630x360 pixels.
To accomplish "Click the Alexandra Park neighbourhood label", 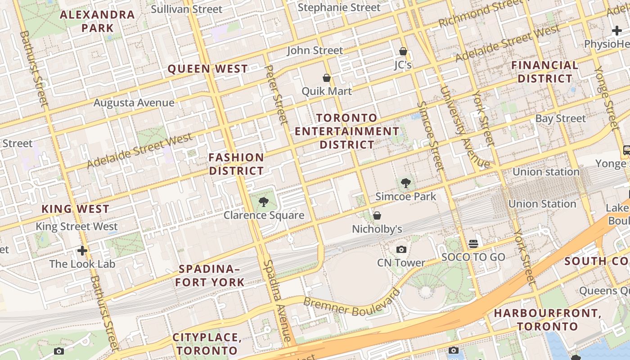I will [97, 21].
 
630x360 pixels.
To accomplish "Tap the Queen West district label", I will [207, 69].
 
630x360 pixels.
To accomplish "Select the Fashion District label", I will [236, 164].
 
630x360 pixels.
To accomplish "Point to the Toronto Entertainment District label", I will [347, 131].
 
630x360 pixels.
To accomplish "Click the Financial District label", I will [544, 72].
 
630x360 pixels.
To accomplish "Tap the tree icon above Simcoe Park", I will [406, 183].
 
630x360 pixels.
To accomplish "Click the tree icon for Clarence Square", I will [264, 202].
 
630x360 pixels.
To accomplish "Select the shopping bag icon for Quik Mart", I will [327, 78].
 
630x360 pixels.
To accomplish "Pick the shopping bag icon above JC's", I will [403, 52].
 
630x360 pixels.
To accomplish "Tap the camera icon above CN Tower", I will [401, 249].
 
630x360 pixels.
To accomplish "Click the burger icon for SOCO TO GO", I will [473, 244].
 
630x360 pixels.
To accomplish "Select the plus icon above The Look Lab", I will [82, 251].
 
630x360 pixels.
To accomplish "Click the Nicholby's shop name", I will [377, 229].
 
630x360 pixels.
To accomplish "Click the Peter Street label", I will [276, 94].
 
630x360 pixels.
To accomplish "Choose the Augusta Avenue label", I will [134, 103].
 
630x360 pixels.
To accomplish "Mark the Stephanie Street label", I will [339, 8].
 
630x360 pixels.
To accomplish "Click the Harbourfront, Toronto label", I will [547, 319].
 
